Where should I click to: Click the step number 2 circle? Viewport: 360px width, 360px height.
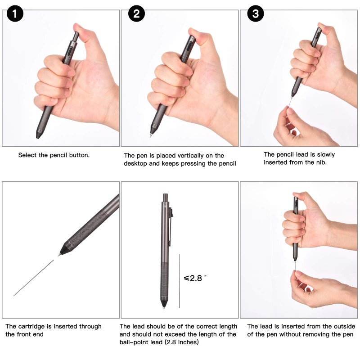point(136,14)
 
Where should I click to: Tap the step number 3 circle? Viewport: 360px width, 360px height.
point(256,14)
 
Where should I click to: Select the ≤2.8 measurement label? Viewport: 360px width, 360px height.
point(195,278)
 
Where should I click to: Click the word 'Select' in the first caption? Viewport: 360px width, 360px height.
point(27,155)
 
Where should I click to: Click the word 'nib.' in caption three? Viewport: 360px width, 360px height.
point(321,162)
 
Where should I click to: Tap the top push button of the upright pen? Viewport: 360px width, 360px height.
point(166,197)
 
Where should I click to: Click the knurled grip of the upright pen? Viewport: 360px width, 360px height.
point(164,281)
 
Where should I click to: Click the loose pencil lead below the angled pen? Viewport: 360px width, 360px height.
point(34,278)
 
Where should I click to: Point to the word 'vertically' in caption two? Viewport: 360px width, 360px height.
point(194,155)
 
